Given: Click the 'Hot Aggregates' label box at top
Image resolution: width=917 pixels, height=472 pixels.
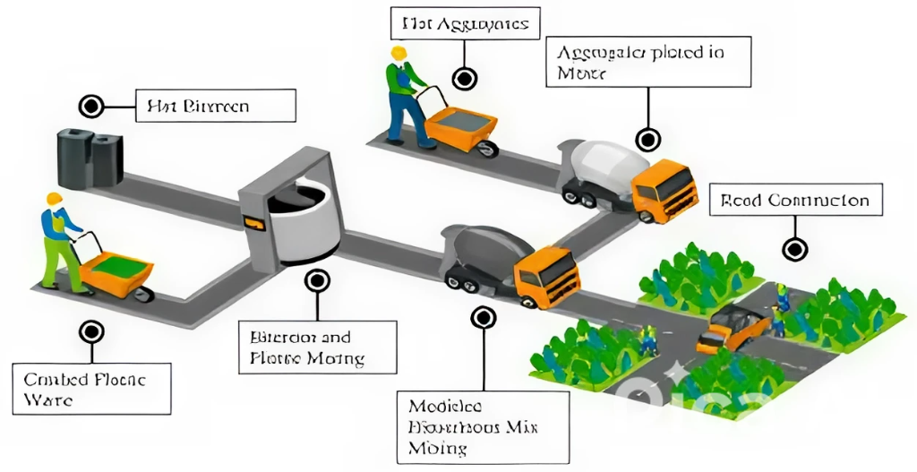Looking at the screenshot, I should (465, 23).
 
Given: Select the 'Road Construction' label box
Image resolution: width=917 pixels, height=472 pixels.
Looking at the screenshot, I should (795, 201).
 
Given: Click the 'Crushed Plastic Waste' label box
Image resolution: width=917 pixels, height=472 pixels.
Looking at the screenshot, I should (91, 388).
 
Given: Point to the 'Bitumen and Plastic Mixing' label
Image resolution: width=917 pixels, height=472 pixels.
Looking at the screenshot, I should (319, 348).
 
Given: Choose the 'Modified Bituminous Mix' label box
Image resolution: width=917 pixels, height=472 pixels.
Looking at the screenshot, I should (483, 425).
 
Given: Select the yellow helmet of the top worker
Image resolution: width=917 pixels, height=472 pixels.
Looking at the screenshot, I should (399, 53).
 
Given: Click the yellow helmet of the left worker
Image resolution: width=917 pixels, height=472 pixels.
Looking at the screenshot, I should (55, 199).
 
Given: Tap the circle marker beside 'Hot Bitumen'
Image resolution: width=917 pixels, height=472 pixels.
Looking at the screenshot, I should (90, 107).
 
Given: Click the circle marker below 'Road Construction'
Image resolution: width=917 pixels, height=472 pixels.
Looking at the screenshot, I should (793, 248).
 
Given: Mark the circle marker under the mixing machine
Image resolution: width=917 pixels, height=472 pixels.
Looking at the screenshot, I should (317, 281).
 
